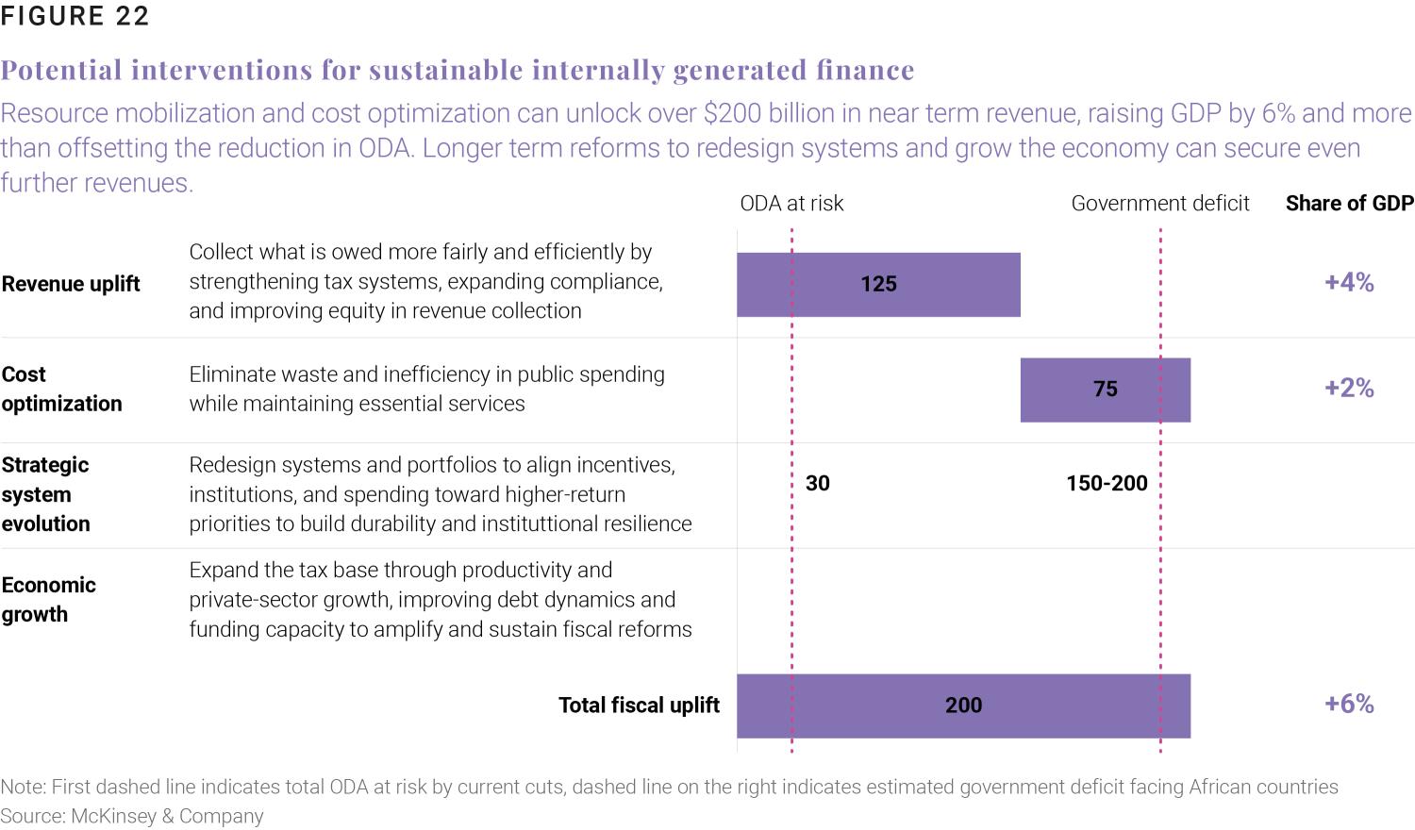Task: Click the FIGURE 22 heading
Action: pyautogui.click(x=75, y=17)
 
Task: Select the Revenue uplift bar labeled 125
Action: pyautogui.click(x=878, y=284)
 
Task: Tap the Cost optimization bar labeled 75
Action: pyautogui.click(x=1105, y=389)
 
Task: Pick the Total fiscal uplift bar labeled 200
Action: pyautogui.click(x=963, y=705)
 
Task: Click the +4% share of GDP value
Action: pyautogui.click(x=1349, y=283)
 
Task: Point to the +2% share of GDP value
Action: pyautogui.click(x=1349, y=389)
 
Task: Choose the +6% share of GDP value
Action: pyautogui.click(x=1349, y=705)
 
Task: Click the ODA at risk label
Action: pyautogui.click(x=791, y=204)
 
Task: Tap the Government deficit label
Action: pyautogui.click(x=1159, y=204)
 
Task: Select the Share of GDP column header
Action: pyautogui.click(x=1349, y=204)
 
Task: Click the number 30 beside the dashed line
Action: pyautogui.click(x=818, y=484)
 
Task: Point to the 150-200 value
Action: pyautogui.click(x=1107, y=484)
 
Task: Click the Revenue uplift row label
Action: pyautogui.click(x=71, y=284)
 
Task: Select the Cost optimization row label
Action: pyautogui.click(x=61, y=389)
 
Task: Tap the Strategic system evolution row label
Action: pyautogui.click(x=45, y=494)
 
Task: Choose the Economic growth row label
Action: pyautogui.click(x=48, y=600)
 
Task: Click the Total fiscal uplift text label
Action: pyautogui.click(x=639, y=705)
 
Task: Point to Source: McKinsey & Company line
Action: pyautogui.click(x=132, y=817)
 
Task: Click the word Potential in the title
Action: pyautogui.click(x=61, y=71)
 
